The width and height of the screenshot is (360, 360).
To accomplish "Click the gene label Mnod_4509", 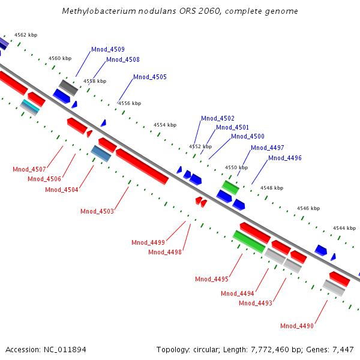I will [x=108, y=49].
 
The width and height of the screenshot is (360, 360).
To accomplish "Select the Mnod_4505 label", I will [x=150, y=77].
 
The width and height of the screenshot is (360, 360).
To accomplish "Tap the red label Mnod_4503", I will [x=97, y=211].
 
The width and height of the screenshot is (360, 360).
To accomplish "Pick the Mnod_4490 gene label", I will [x=297, y=326].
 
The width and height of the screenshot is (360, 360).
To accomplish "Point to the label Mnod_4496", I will [x=285, y=158].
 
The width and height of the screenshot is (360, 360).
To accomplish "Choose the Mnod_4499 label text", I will [x=148, y=242].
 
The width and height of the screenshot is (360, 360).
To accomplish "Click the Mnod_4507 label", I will [x=29, y=169].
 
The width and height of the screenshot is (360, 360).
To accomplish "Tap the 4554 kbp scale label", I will [x=165, y=125].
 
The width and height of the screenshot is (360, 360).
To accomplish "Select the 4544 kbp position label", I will [x=344, y=228].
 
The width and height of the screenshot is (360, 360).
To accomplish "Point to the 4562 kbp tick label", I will [x=26, y=35].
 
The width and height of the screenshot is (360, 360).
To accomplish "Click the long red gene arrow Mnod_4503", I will [x=142, y=166].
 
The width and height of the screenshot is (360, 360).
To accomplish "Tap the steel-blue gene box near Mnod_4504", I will [x=101, y=153].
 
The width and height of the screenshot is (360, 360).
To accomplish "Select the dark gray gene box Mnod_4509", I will [x=68, y=87].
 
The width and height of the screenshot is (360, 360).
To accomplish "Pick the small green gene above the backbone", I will [x=230, y=185].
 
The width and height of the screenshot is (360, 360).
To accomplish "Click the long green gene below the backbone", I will [x=249, y=241].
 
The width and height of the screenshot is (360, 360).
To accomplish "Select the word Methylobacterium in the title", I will [x=94, y=11].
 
